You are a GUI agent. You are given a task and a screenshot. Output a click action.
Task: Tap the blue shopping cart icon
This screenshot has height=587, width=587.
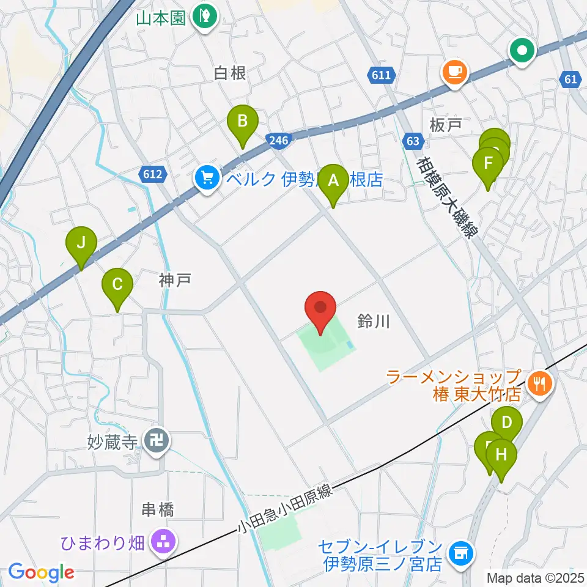point(207,179)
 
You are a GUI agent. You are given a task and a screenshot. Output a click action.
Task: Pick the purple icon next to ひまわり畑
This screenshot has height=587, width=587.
point(163,541)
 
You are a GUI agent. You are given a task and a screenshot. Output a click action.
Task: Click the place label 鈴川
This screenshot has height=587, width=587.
point(373,321)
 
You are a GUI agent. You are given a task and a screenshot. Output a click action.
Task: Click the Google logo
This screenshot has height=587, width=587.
point(41,572)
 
